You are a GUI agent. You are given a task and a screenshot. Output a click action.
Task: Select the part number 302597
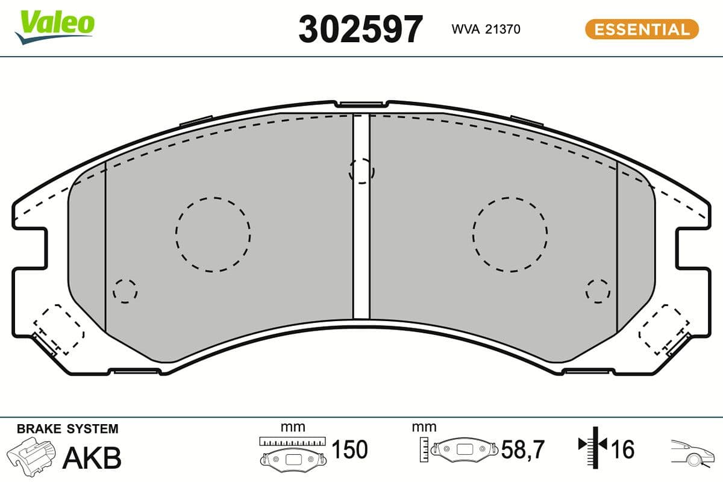361,29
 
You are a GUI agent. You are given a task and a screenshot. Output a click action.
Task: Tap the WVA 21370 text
486,29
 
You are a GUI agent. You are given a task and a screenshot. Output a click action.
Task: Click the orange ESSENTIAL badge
642,29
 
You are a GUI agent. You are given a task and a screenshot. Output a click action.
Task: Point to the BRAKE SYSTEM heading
67,429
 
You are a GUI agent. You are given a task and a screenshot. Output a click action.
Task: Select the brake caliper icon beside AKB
31,456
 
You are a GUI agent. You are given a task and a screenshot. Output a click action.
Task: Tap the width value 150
349,449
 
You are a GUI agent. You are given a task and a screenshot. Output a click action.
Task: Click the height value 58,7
522,449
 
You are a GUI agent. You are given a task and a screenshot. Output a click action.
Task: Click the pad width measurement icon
292,451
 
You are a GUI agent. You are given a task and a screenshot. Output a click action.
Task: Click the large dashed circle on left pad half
213,234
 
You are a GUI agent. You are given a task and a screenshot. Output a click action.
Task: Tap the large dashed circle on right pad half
510,234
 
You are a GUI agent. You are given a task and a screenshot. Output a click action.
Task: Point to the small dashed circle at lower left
125,291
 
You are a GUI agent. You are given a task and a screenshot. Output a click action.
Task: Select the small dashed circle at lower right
598,290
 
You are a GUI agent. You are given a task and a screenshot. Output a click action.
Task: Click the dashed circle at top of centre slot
361,171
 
